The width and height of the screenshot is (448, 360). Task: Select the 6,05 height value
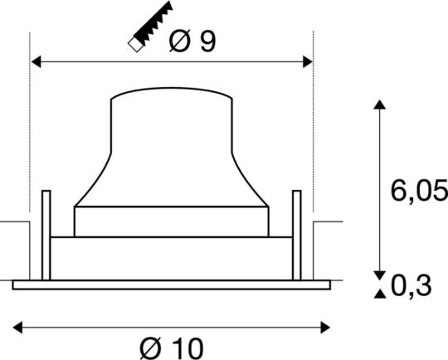(x=418, y=194)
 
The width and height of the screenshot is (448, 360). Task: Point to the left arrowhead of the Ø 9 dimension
(x=37, y=61)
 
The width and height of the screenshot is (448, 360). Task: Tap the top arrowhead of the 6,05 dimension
(x=380, y=105)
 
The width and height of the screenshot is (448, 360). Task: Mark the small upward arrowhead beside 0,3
(x=380, y=293)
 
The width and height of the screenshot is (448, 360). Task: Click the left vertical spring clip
(x=46, y=236)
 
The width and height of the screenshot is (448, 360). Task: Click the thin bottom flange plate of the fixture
(x=172, y=285)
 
